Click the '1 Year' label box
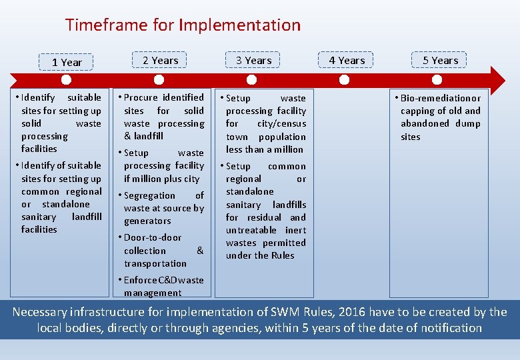pyautogui.click(x=67, y=62)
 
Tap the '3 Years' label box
pyautogui.click(x=253, y=60)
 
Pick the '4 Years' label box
pyautogui.click(x=347, y=60)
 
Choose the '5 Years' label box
pyautogui.click(x=440, y=60)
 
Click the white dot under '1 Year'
pyautogui.click(x=66, y=80)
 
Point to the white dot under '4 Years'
pyautogui.click(x=345, y=80)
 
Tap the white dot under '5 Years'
pyautogui.click(x=437, y=80)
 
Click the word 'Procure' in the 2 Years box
pyautogui.click(x=141, y=97)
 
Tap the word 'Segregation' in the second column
pyautogui.click(x=149, y=195)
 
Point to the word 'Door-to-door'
pyautogui.click(x=153, y=237)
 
